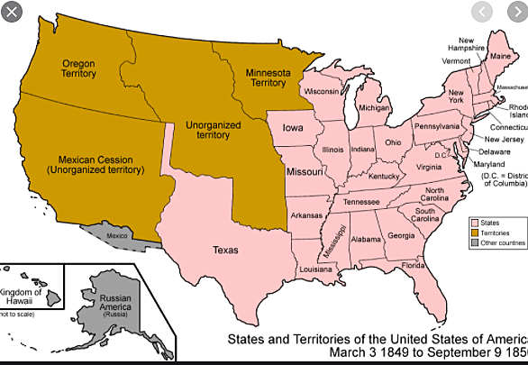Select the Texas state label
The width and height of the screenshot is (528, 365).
click(x=225, y=250)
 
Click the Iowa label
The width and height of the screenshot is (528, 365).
click(x=293, y=128)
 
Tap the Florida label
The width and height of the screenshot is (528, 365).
click(x=414, y=265)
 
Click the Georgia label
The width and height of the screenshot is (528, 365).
click(x=401, y=236)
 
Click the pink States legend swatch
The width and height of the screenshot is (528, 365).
click(x=474, y=222)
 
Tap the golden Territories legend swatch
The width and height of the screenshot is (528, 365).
click(x=474, y=232)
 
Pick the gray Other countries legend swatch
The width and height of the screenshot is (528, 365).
click(x=474, y=242)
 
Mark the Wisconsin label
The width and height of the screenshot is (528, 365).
click(x=323, y=92)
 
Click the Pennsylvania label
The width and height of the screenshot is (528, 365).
click(x=436, y=126)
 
